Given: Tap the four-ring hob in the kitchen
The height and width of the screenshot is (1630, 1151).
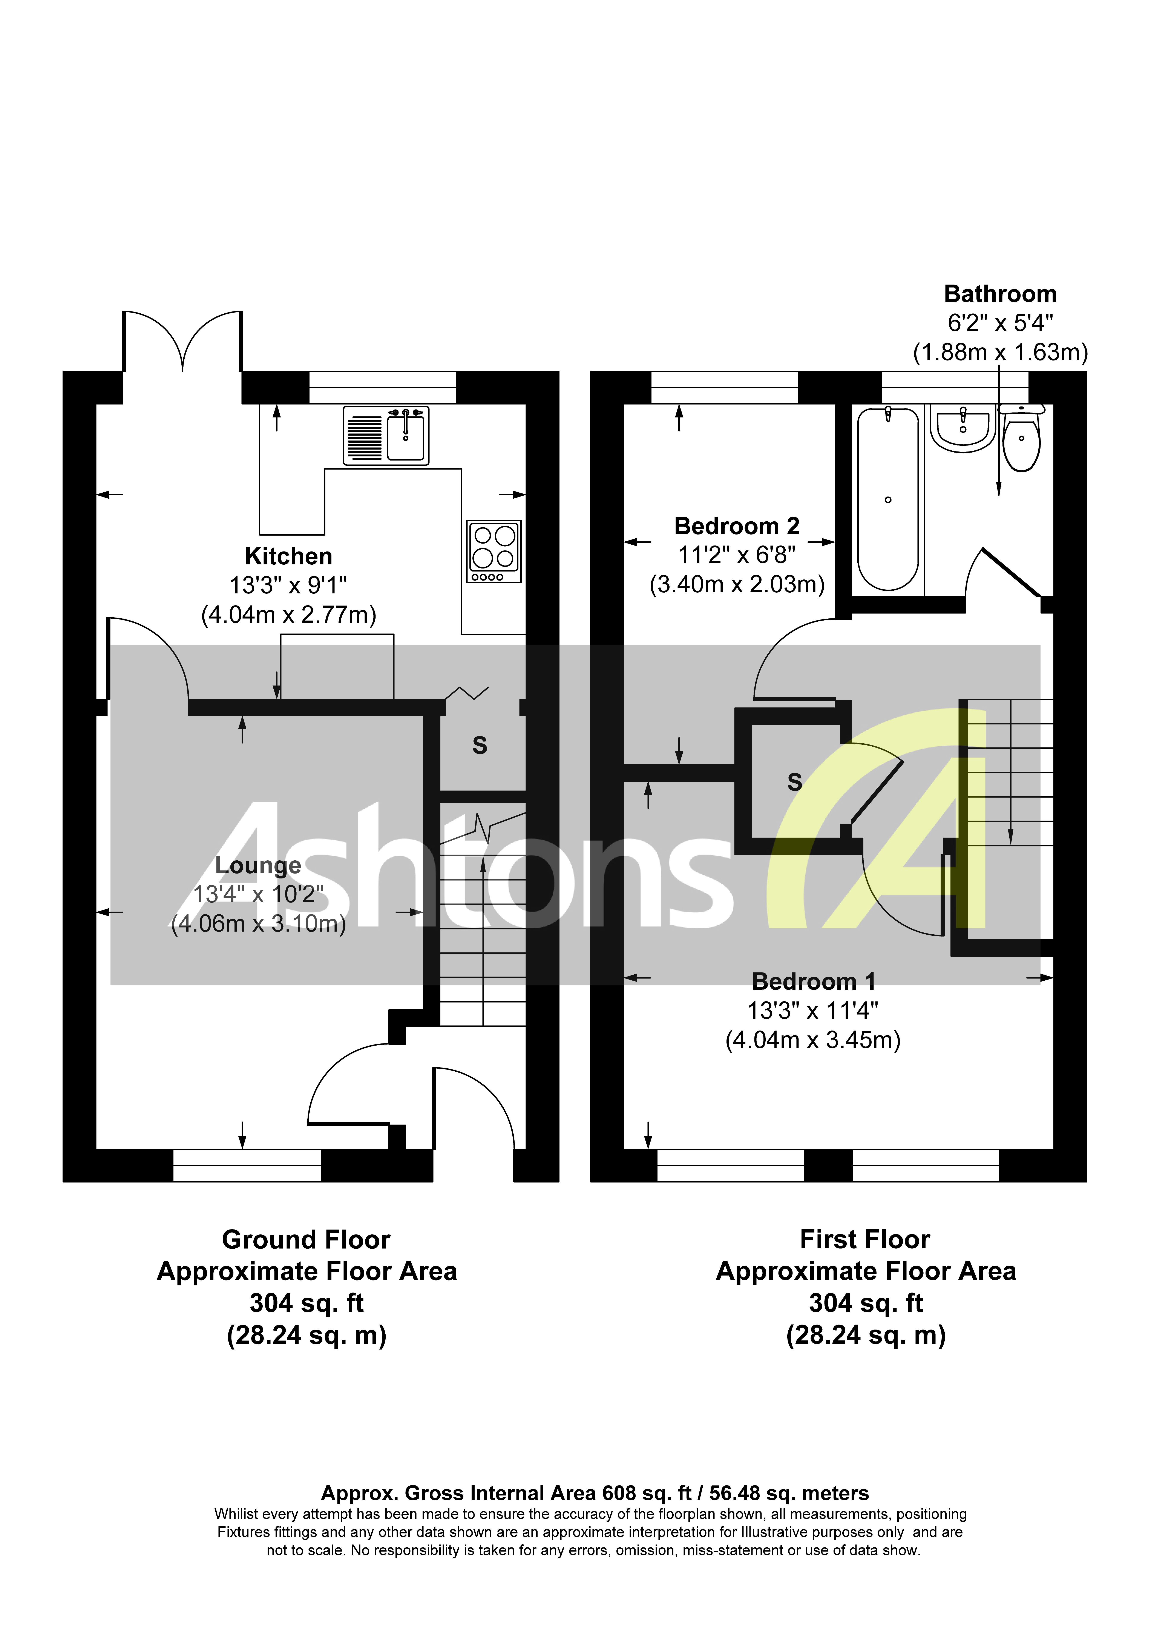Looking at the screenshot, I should coord(494,551).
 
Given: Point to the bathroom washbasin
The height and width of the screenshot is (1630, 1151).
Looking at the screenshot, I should coord(963,430).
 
